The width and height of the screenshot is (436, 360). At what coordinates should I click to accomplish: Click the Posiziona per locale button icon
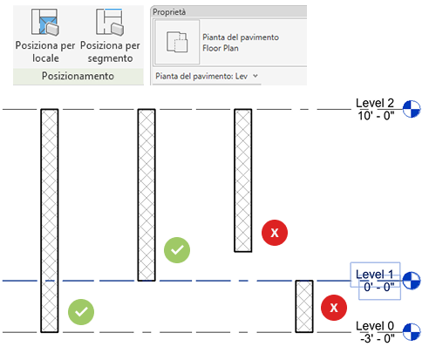point(45,22)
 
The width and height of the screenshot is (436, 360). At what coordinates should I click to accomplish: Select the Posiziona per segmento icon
point(110,22)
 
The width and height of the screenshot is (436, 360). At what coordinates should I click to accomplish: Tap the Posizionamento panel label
point(78,76)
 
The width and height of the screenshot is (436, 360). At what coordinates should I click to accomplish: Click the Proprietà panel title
point(169,12)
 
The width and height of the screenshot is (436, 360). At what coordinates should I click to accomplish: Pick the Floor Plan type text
point(221,48)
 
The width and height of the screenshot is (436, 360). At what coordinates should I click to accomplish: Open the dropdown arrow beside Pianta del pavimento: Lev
point(255,76)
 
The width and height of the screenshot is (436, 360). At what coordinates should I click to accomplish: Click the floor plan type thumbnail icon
point(177,42)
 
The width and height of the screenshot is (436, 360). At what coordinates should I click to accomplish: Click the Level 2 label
point(375,103)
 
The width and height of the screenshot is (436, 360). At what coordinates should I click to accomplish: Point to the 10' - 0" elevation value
point(376,116)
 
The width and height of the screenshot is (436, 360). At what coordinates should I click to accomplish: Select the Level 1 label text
point(375,275)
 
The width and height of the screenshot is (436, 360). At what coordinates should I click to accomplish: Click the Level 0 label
point(375,326)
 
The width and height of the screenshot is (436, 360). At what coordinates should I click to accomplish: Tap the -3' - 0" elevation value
point(378,338)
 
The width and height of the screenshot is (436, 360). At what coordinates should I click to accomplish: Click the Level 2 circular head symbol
point(412,109)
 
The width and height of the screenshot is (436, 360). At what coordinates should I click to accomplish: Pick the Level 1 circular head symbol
point(412,281)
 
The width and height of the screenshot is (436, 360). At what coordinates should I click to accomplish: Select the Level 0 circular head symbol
point(412,332)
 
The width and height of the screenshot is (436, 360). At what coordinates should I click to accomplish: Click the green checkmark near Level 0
point(81,312)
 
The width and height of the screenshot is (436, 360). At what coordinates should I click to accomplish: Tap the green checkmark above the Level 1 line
point(177,250)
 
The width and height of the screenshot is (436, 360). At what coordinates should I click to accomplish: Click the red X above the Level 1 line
point(275,233)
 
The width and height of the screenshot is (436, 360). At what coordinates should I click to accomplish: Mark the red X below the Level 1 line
point(334,308)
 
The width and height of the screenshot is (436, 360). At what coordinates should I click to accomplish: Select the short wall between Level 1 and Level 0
point(304,306)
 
